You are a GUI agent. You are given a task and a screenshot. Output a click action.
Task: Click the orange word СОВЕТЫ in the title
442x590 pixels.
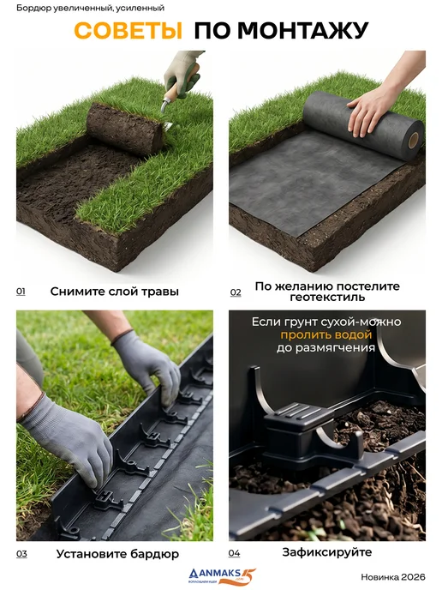coord(128,31)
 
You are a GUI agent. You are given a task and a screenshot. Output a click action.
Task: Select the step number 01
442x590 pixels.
coord(21,292)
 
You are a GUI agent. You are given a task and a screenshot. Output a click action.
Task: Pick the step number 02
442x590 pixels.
coord(236,292)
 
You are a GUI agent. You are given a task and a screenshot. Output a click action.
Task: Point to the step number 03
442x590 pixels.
coord(21,553)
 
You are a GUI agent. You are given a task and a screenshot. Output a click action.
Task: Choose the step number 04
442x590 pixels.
coord(234,553)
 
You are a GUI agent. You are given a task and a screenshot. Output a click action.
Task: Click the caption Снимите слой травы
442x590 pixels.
coord(115,292)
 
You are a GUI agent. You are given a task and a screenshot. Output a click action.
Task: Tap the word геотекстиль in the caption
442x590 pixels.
coord(327,298)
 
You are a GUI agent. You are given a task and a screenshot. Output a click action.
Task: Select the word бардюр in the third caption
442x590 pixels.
coord(154,554)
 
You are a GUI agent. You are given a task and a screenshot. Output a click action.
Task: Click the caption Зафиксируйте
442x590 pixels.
coord(327,552)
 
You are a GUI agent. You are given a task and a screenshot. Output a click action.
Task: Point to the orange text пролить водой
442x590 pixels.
coord(326,335)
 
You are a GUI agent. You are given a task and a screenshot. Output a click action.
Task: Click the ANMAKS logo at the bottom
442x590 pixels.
coord(222,576)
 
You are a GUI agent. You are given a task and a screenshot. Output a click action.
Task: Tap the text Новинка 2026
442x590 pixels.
coord(393,577)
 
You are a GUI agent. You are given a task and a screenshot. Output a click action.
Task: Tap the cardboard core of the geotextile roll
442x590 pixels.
coord(415,141)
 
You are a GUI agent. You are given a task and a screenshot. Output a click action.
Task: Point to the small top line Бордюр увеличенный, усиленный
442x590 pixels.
coord(90,8)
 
